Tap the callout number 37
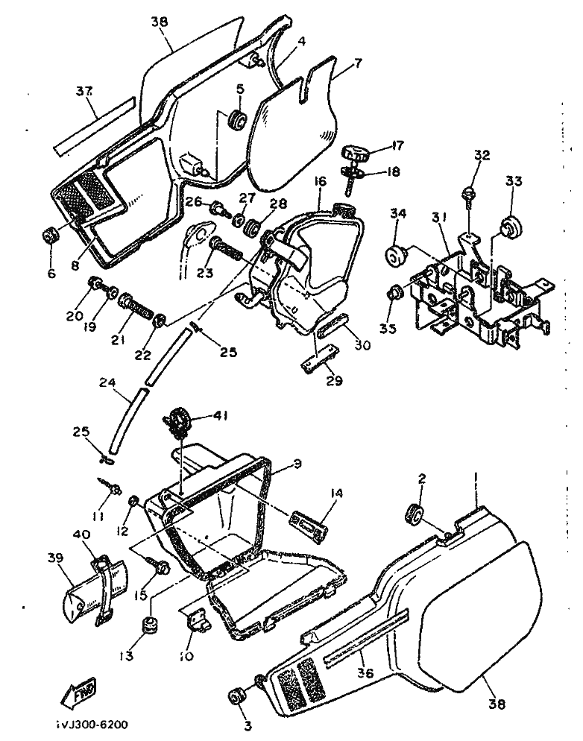[84, 92]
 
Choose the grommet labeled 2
[415, 514]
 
